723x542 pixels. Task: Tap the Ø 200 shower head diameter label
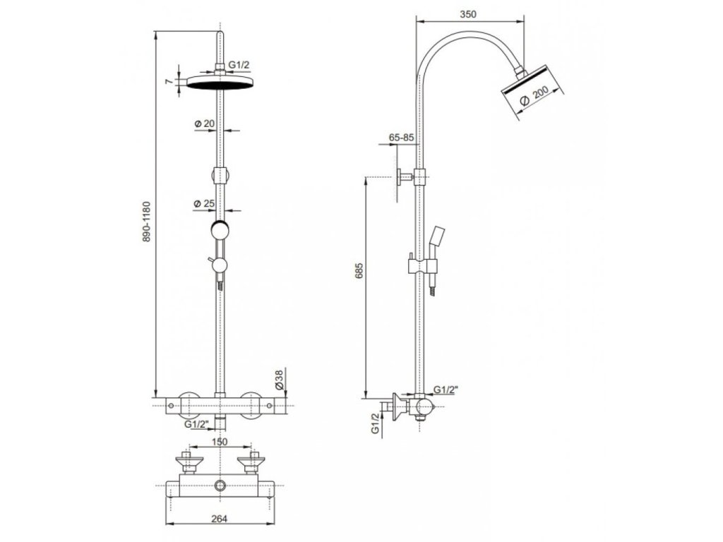pyautogui.click(x=535, y=96)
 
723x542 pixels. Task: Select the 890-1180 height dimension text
pyautogui.click(x=146, y=222)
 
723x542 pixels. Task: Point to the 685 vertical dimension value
pyautogui.click(x=359, y=272)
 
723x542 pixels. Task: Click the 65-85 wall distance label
pyautogui.click(x=402, y=138)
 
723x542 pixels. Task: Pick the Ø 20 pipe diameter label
pyautogui.click(x=205, y=124)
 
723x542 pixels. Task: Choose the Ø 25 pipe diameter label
pyautogui.click(x=205, y=203)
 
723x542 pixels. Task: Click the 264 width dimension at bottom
pyautogui.click(x=220, y=519)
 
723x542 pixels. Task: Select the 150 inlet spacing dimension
pyautogui.click(x=220, y=442)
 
